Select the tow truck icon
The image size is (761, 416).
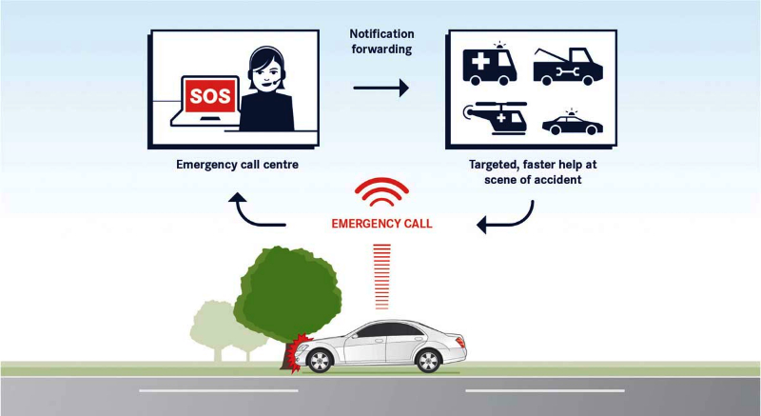(568, 65)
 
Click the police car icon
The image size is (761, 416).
(571, 124)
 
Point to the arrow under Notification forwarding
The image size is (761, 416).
(380, 89)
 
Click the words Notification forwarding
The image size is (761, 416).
(380, 42)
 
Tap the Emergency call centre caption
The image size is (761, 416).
(237, 165)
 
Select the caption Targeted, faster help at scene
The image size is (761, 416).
(533, 171)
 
